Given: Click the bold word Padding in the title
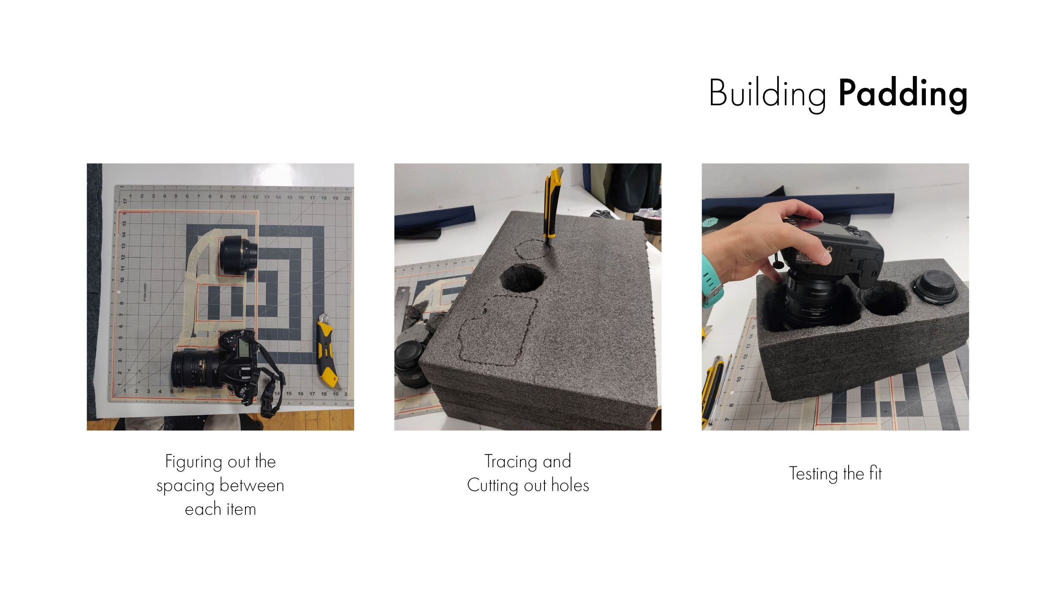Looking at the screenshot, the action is tap(903, 95).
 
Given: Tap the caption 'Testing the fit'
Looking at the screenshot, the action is tap(835, 473).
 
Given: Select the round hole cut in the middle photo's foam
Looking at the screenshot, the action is tap(523, 278).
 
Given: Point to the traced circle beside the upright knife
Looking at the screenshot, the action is tap(531, 249).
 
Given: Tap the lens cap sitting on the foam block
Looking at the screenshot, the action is tap(934, 288).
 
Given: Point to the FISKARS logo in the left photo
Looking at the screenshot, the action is tap(145, 292).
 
